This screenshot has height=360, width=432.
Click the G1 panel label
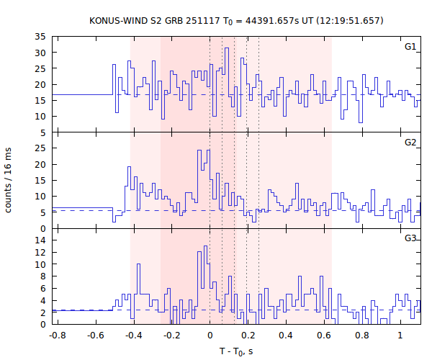(x=410, y=47)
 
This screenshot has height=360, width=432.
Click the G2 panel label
(x=410, y=142)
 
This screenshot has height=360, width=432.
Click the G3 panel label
(x=410, y=238)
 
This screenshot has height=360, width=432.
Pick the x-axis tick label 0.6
(x=324, y=335)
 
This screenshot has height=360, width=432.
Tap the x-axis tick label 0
(x=210, y=335)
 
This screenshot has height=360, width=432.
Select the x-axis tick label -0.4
(x=133, y=335)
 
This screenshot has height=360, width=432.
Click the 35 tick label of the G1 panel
(x=41, y=36)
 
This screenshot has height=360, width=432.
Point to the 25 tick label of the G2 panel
(x=41, y=148)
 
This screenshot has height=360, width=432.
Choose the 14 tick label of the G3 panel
(x=41, y=240)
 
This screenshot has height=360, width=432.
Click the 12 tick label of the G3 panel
(x=41, y=253)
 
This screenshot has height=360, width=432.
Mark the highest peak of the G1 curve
(x=227, y=48)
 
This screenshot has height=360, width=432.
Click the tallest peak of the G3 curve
(x=206, y=246)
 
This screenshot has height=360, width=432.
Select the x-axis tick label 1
(x=400, y=335)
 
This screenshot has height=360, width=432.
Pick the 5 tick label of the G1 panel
(x=44, y=132)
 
